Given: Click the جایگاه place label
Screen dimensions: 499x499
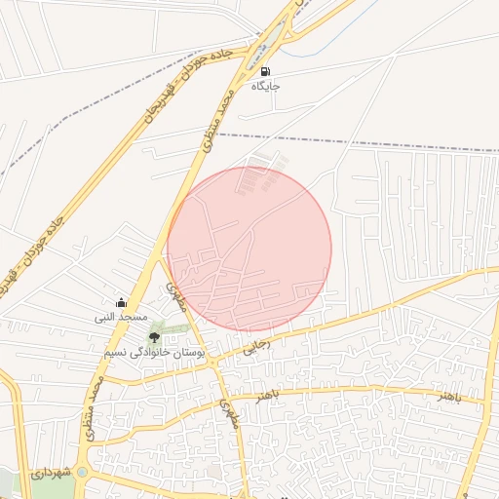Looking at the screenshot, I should click(x=266, y=87).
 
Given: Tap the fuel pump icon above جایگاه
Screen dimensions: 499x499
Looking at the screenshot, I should click(x=265, y=71).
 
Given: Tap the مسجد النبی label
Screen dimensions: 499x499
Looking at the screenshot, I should click(x=120, y=317).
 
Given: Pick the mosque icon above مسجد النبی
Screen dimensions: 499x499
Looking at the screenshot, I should click(x=121, y=302).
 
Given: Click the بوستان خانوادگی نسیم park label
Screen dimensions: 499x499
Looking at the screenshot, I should click(x=154, y=351).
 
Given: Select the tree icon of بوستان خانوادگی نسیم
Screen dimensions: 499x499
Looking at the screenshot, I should click(x=154, y=336).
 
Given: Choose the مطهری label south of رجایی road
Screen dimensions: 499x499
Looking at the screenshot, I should click(x=229, y=414).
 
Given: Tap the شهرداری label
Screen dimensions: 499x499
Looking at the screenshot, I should click(x=52, y=473).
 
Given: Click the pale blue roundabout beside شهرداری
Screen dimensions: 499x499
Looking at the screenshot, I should click(x=82, y=474).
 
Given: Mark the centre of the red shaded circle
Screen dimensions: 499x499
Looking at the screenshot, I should click(x=249, y=249).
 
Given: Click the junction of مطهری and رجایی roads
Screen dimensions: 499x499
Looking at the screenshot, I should click(x=214, y=362).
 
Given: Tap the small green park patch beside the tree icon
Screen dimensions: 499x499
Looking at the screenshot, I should click(x=175, y=328).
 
